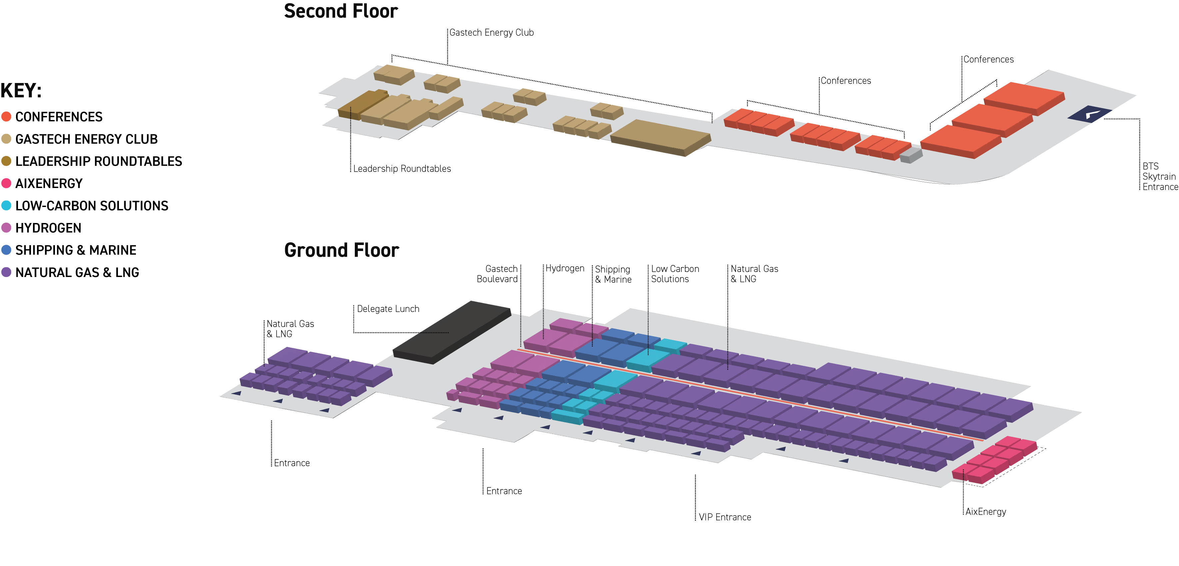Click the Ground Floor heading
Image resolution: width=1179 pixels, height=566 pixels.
click(x=341, y=250)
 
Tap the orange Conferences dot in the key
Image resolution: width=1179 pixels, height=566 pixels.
click(x=6, y=117)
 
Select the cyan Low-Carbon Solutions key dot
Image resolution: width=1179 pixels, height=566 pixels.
click(x=6, y=206)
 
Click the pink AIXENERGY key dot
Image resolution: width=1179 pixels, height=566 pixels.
click(x=6, y=184)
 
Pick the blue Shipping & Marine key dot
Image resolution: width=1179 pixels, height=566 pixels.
click(x=6, y=250)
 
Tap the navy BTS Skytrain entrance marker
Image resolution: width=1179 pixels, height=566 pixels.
click(x=1089, y=114)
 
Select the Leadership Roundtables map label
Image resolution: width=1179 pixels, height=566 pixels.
click(x=402, y=169)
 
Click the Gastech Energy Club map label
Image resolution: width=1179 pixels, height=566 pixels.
click(x=491, y=33)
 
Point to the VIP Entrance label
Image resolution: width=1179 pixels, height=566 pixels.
click(x=725, y=517)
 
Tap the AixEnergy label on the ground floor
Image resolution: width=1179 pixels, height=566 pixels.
click(x=985, y=512)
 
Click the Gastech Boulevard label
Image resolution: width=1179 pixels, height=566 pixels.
click(x=497, y=274)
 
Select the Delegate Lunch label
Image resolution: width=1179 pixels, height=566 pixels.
click(x=388, y=309)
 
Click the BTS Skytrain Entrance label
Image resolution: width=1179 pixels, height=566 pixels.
click(x=1159, y=177)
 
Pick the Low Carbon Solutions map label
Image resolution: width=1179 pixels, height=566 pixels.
click(x=675, y=274)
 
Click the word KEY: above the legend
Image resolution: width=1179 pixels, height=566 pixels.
click(x=21, y=91)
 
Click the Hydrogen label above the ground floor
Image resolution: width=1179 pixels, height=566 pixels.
click(x=564, y=268)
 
